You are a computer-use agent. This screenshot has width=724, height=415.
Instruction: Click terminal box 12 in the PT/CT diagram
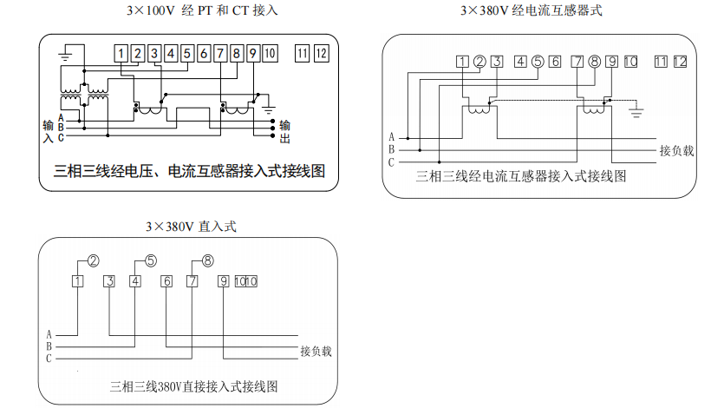tap(322, 53)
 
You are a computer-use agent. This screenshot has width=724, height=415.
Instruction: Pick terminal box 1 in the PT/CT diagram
tap(121, 54)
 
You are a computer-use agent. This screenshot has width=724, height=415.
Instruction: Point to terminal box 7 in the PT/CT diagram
tap(220, 54)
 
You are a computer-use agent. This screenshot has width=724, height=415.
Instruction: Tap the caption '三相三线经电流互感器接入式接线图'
tap(521, 175)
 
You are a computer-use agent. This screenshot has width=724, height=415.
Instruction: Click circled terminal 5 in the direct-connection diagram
tap(150, 260)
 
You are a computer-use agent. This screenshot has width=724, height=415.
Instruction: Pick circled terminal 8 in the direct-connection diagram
tap(207, 260)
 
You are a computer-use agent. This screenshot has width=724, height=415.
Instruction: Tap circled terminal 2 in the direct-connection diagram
tap(93, 260)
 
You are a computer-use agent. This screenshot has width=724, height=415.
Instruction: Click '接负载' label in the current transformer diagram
tap(676, 150)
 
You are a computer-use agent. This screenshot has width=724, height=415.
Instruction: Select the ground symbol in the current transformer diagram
tap(636, 111)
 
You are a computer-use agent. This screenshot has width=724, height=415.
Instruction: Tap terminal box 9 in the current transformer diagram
tap(611, 62)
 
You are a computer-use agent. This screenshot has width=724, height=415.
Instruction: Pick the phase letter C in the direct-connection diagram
tap(49, 359)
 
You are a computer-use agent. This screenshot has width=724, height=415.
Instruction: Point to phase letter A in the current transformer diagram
tap(392, 137)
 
